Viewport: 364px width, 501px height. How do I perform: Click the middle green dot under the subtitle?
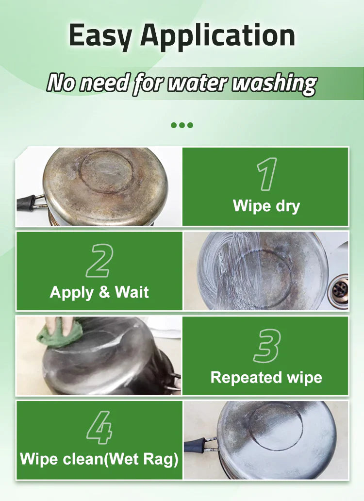pyautogui.click(x=182, y=125)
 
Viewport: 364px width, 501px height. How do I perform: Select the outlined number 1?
pyautogui.click(x=266, y=174)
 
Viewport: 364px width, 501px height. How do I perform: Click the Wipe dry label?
pyautogui.click(x=266, y=205)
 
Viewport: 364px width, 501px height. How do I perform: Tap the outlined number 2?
pyautogui.click(x=99, y=261)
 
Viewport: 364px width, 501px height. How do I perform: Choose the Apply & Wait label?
pyautogui.click(x=99, y=292)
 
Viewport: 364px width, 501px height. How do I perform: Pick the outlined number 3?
pyautogui.click(x=266, y=346)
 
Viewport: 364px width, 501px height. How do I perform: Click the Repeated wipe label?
pyautogui.click(x=266, y=377)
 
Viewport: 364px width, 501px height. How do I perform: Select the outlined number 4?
pyautogui.click(x=99, y=428)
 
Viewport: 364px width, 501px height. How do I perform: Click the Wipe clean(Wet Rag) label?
pyautogui.click(x=99, y=459)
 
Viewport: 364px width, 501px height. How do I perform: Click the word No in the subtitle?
pyautogui.click(x=62, y=83)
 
